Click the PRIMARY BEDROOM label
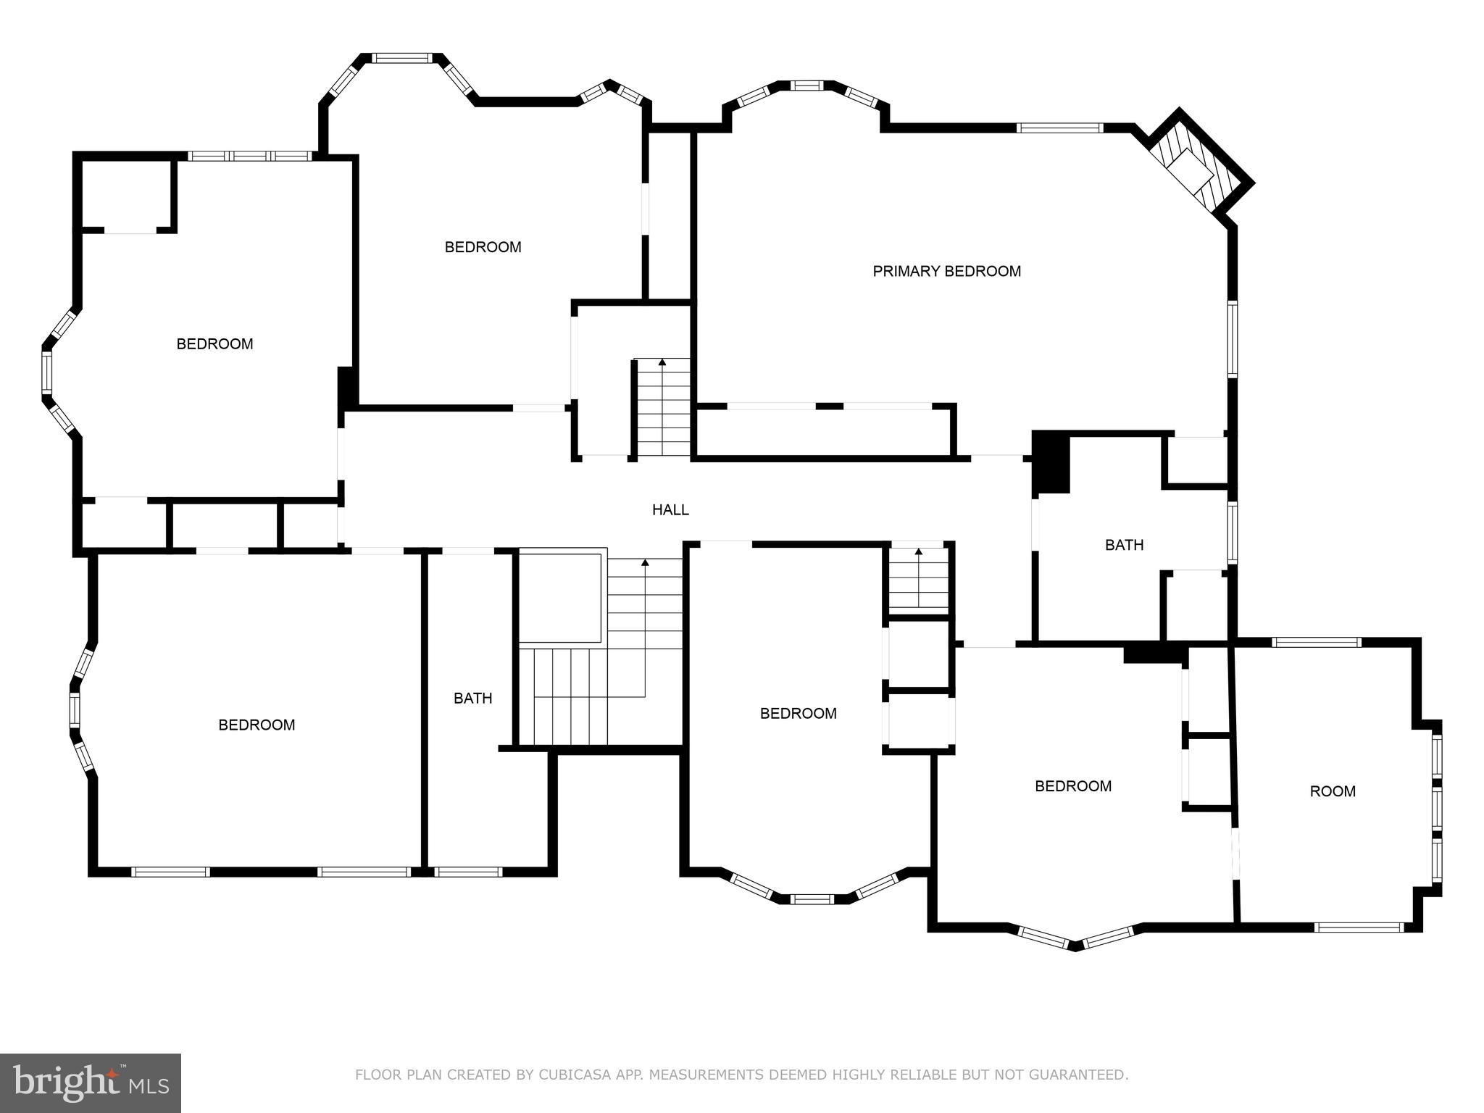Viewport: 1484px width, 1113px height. [x=946, y=271]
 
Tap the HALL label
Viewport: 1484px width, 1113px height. [x=670, y=510]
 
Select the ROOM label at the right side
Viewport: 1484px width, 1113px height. [x=1333, y=791]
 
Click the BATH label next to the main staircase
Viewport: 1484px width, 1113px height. [x=472, y=699]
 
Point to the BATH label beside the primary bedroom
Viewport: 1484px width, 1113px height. [x=1124, y=545]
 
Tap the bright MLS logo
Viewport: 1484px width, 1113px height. [x=91, y=1083]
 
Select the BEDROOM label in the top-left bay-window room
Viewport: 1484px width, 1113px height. [x=214, y=344]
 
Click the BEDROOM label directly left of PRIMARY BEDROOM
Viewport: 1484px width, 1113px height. [x=483, y=247]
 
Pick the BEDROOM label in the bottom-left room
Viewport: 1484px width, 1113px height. [x=257, y=725]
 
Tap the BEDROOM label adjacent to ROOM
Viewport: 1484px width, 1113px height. [x=1072, y=786]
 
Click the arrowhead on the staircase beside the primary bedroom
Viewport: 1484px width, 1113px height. [x=662, y=362]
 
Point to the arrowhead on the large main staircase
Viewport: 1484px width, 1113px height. [x=645, y=562]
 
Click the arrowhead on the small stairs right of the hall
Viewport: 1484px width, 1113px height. [x=919, y=552]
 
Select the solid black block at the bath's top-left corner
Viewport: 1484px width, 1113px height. [x=1051, y=462]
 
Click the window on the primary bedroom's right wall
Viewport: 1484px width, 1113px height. [x=1232, y=338]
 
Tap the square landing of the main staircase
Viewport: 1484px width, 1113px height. [x=560, y=598]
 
